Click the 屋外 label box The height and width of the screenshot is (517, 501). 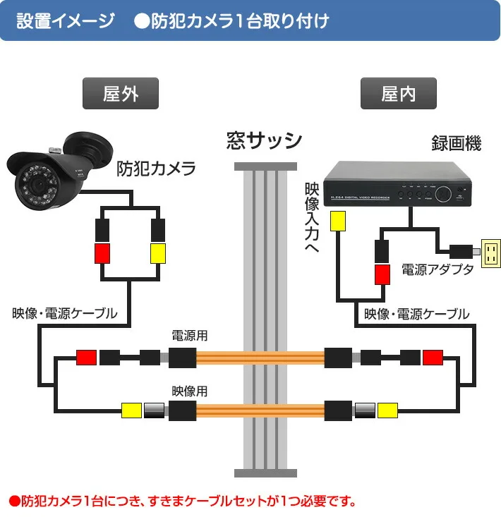pos(120,94)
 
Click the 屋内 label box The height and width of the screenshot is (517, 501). pos(399,94)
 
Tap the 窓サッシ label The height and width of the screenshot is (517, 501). pos(265,140)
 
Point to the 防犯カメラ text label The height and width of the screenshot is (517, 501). pos(156,169)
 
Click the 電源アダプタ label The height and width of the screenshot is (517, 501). pos(437,270)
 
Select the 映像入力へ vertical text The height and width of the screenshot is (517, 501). pos(311,219)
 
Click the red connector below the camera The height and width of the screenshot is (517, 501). pos(103,253)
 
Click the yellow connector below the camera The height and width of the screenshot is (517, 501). pos(157,253)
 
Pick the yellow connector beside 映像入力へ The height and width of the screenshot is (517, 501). pos(339,221)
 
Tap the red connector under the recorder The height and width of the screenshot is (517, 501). pos(382,274)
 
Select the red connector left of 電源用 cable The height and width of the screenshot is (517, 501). pos(86,358)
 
